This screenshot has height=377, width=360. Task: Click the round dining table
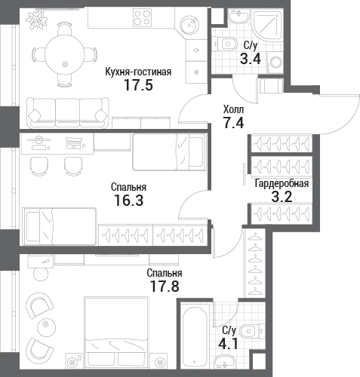65,55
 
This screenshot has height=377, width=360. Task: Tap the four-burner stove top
143,17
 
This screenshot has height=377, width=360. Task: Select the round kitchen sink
189,25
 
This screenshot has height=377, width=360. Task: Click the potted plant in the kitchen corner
37,20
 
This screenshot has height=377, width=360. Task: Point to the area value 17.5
138,85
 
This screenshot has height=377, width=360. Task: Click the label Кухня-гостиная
138,72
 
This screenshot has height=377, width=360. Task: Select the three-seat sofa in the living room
68,113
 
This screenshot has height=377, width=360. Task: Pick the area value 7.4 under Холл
234,123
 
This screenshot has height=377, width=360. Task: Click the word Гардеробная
282,183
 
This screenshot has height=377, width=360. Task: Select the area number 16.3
129,201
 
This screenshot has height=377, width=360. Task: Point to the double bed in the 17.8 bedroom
116,333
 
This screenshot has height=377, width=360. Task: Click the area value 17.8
165,286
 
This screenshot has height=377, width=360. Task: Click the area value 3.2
282,197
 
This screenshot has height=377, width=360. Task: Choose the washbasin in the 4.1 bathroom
224,361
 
